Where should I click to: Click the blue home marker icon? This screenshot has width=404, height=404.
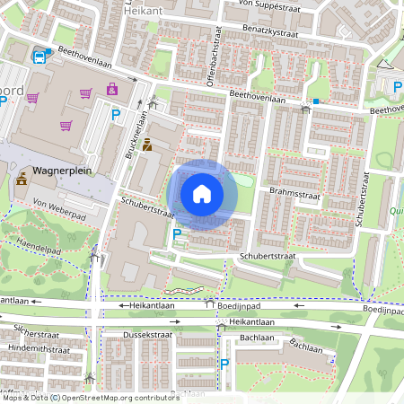point(202,194)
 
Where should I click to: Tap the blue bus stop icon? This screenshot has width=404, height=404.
point(40,57)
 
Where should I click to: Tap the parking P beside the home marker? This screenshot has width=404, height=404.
point(177,235)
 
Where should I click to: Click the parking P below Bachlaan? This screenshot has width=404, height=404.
point(224,364)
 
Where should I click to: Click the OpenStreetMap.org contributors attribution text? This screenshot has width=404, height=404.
point(120,398)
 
